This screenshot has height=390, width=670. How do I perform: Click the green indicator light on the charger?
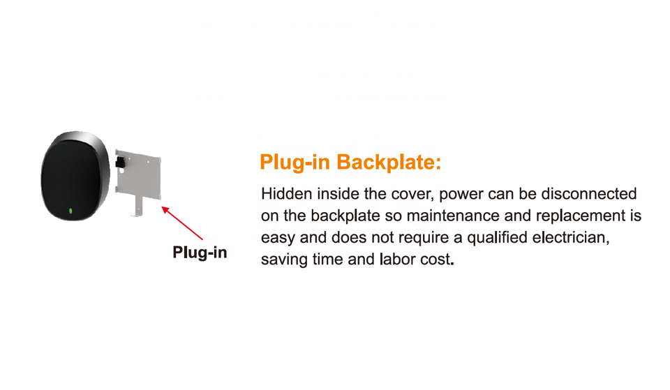coord(70,211)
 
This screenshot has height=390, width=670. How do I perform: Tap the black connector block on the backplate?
coord(121,165)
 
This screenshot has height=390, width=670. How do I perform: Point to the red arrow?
coord(182,223)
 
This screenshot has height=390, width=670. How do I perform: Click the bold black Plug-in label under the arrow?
coord(200,253)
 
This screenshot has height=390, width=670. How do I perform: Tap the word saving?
coord(283,260)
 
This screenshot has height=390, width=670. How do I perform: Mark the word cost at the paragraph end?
coord(438,260)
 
